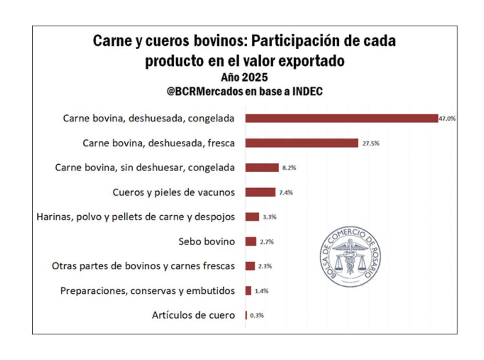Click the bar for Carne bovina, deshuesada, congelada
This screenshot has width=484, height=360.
[341, 118]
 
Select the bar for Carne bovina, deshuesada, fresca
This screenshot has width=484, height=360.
[302, 143]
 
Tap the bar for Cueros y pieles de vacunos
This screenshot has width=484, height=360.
[260, 192]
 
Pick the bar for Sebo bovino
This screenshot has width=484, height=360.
[251, 242]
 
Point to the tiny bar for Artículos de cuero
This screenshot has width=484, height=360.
[246, 315]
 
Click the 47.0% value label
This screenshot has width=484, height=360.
[447, 119]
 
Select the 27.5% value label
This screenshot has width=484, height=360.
[371, 143]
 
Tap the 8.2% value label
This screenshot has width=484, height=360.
[289, 168]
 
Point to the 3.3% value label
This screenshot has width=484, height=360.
[269, 217]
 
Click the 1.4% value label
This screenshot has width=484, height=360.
[261, 291]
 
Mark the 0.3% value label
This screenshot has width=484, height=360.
[257, 316]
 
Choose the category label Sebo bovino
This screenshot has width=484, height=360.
[207, 242]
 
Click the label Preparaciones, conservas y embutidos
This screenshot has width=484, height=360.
[147, 291]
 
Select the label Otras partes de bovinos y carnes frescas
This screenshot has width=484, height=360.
[143, 266]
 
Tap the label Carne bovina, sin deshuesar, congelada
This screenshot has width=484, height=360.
[145, 167]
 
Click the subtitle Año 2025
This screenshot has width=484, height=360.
[244, 77]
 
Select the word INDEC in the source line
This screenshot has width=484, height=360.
[307, 92]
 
